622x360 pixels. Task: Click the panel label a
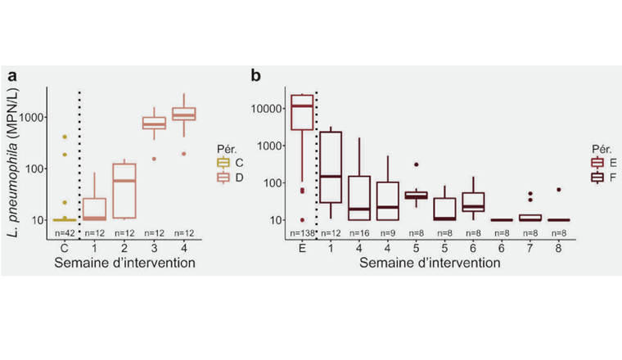pos(13,77)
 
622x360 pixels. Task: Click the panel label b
pos(256,77)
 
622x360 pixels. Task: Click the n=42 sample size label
pos(61,234)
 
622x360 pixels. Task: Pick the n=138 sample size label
pos(303,234)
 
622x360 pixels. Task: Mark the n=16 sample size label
pos(359,234)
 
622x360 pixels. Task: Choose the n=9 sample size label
pos(387,234)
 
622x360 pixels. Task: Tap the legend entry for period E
pos(602,163)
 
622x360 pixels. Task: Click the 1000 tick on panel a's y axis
pos(35,117)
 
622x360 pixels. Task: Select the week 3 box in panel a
pos(154,124)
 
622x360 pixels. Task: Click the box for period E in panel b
pos(302,112)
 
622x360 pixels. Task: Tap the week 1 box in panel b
pos(331,167)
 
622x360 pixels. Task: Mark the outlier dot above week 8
pos(558,190)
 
